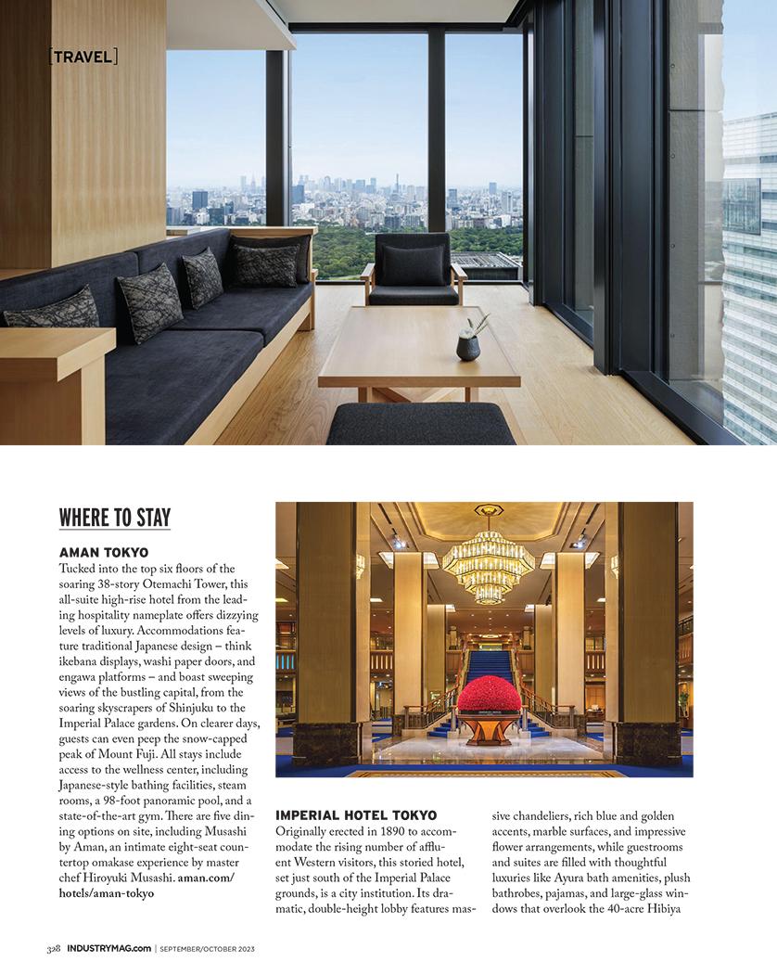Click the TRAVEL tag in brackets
pos(83,57)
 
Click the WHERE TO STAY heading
pos(115,518)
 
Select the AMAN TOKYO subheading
pos(104,552)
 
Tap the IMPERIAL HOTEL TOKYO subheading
pos(356,814)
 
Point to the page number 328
pos(54,949)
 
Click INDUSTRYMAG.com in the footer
pos(108,949)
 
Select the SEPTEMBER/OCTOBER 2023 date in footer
pos(206,949)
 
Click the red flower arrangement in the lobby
pos(489,694)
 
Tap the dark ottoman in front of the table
pos(420,424)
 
